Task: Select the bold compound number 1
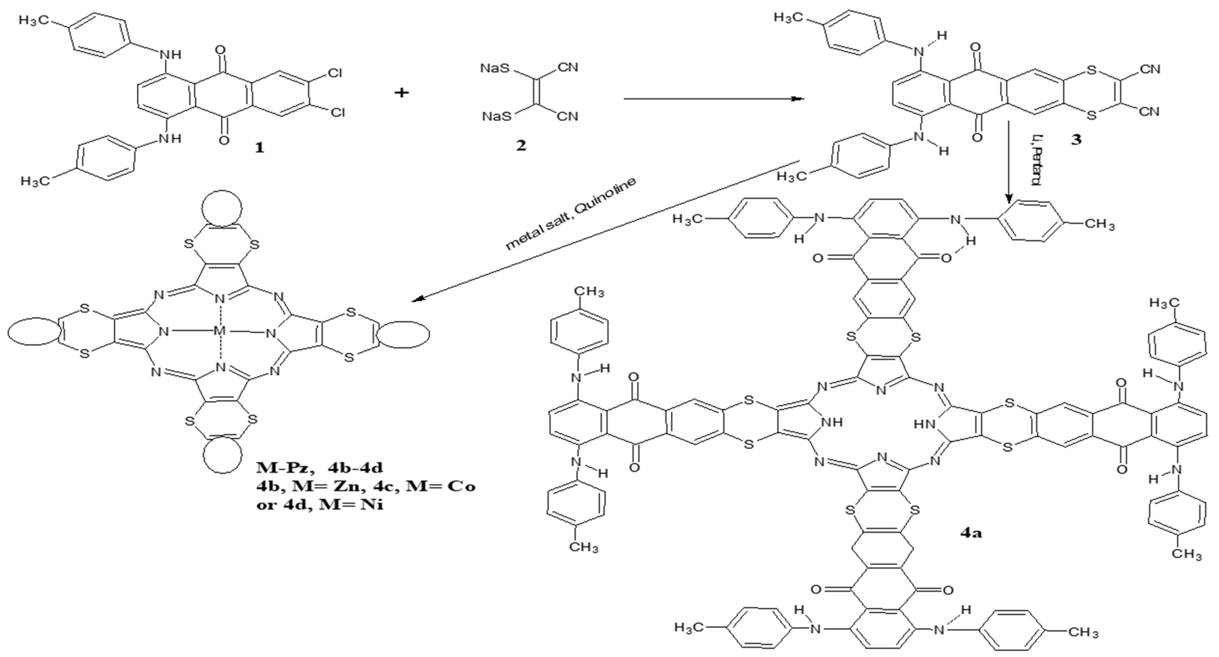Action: point(259,148)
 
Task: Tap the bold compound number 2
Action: point(521,145)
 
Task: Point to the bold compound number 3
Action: point(1076,140)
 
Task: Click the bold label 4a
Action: point(971,533)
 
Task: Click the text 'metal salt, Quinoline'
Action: point(570,214)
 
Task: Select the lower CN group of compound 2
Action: point(567,116)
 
